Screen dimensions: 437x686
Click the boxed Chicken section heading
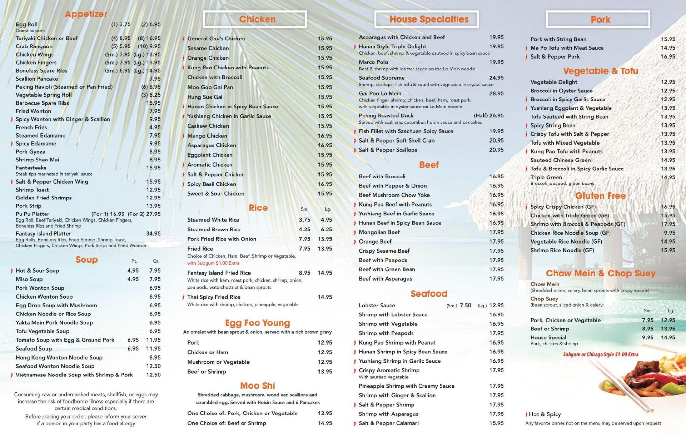[x=255, y=19]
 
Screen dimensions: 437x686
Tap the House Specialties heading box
[x=426, y=19]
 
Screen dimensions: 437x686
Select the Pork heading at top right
[x=598, y=19]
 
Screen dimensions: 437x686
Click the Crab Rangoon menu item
[x=34, y=46]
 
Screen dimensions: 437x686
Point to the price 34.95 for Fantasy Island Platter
[x=153, y=234]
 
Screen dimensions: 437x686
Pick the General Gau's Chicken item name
[x=216, y=39]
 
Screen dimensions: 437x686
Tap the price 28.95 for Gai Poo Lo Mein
[x=496, y=94]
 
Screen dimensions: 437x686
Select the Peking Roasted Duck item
[x=386, y=116]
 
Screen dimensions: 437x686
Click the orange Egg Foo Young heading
[x=257, y=323]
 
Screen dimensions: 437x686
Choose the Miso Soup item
[x=29, y=279]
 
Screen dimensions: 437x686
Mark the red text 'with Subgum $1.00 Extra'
[x=213, y=263]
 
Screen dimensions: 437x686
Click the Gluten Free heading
[x=600, y=196]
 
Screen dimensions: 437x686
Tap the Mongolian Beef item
[x=379, y=232]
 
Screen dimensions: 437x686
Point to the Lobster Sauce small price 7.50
[x=466, y=306]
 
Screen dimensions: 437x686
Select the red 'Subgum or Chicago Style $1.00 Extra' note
[x=601, y=355]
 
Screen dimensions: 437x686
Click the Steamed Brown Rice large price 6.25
[x=326, y=229]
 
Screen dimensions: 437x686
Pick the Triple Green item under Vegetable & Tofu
[x=546, y=178]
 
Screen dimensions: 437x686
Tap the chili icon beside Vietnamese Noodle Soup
[x=11, y=375]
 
